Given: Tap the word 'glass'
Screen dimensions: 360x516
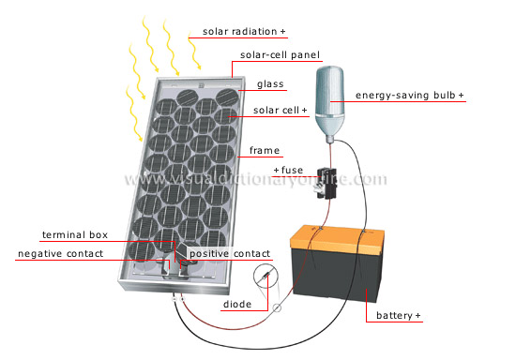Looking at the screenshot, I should [270, 83].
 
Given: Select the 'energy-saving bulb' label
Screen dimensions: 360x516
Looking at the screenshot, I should [406, 96].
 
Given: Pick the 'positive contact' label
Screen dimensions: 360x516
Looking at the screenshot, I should [230, 254].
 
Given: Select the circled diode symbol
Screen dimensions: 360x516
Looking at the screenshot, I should [266, 278].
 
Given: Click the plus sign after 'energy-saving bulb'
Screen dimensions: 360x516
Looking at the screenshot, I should [461, 96].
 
